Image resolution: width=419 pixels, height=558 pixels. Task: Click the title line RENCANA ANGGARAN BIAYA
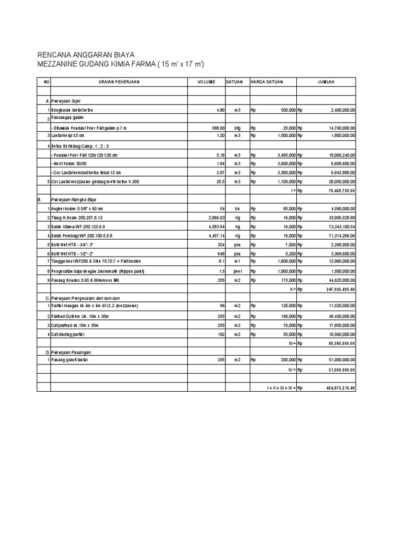(x=85, y=56)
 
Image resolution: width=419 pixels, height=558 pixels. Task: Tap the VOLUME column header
(x=206, y=82)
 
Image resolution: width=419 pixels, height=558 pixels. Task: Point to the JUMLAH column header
(x=326, y=82)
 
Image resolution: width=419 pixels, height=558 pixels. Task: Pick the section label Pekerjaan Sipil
(x=66, y=101)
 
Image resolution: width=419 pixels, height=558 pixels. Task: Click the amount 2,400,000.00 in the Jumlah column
(x=343, y=110)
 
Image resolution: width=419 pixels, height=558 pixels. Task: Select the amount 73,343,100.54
(x=340, y=226)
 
